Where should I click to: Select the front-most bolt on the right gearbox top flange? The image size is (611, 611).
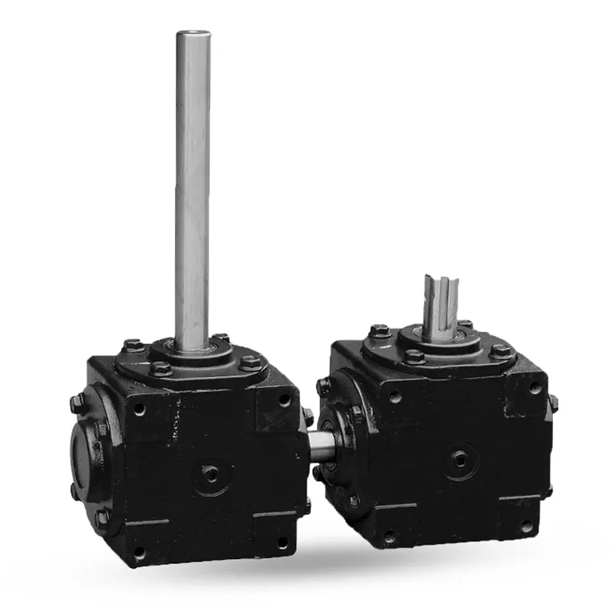click(415, 357)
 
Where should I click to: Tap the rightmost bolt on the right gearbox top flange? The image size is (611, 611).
click(500, 351)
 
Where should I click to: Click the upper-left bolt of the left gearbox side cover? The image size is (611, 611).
click(76, 404)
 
